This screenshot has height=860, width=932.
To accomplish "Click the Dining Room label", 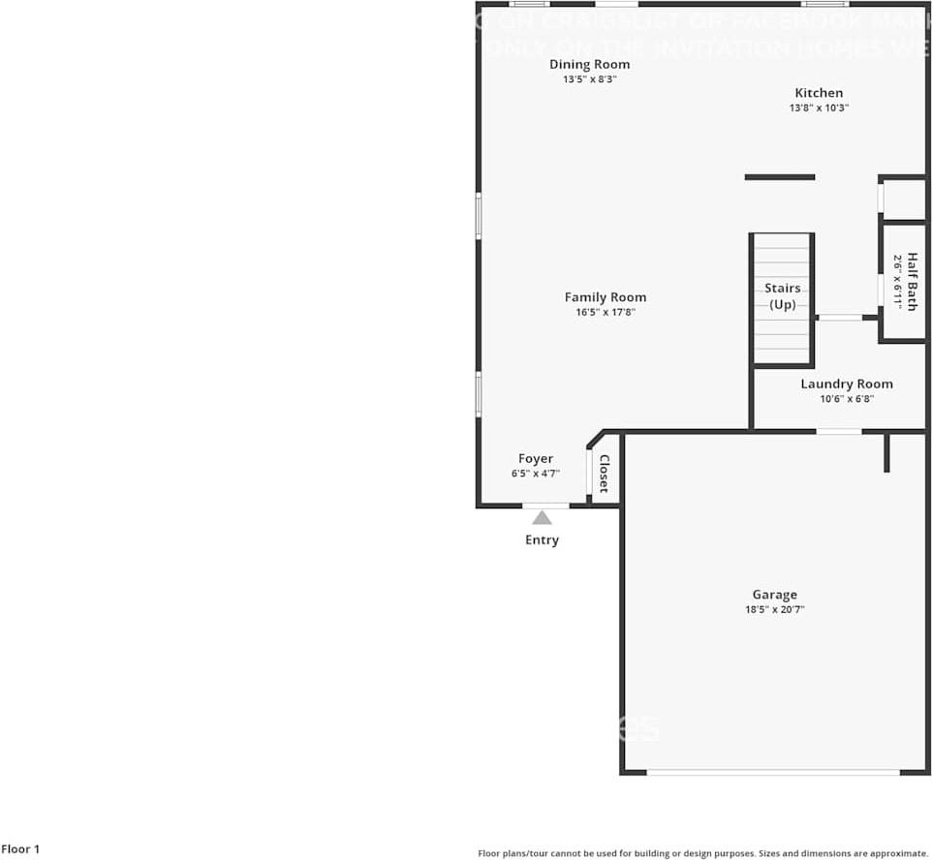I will coord(589,65).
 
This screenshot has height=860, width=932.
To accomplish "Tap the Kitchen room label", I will coord(819,93).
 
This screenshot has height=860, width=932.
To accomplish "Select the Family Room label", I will coord(606,297).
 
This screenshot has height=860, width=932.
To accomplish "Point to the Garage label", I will coord(775,595).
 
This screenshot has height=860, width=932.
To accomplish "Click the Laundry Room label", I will coord(847,384).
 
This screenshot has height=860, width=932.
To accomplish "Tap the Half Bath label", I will coord(912,282).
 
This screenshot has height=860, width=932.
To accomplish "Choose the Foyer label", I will coord(536,459).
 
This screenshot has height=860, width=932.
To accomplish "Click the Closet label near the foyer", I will coord(604,474).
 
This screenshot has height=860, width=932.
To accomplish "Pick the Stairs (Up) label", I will coord(783,296).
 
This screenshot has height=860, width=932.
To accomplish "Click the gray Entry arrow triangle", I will coord(542,518).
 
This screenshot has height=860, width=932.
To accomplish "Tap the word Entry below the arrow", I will coord(542,540).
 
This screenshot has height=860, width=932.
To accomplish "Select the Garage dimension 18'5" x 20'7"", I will coord(775,610).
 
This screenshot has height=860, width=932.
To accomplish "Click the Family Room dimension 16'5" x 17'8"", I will coord(606,313).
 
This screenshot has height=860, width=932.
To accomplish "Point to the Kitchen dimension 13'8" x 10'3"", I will coord(819,108).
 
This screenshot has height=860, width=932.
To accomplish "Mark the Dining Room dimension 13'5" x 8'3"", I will coord(589,79).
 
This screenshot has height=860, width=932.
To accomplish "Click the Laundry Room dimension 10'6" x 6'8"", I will coord(847,399).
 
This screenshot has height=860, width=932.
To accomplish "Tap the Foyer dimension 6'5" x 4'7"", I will coord(536,475).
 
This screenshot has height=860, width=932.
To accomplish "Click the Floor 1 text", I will coord(20,849).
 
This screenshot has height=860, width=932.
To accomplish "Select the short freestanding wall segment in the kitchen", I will coord(780,177).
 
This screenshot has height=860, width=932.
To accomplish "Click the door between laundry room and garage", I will coord(839,431).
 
